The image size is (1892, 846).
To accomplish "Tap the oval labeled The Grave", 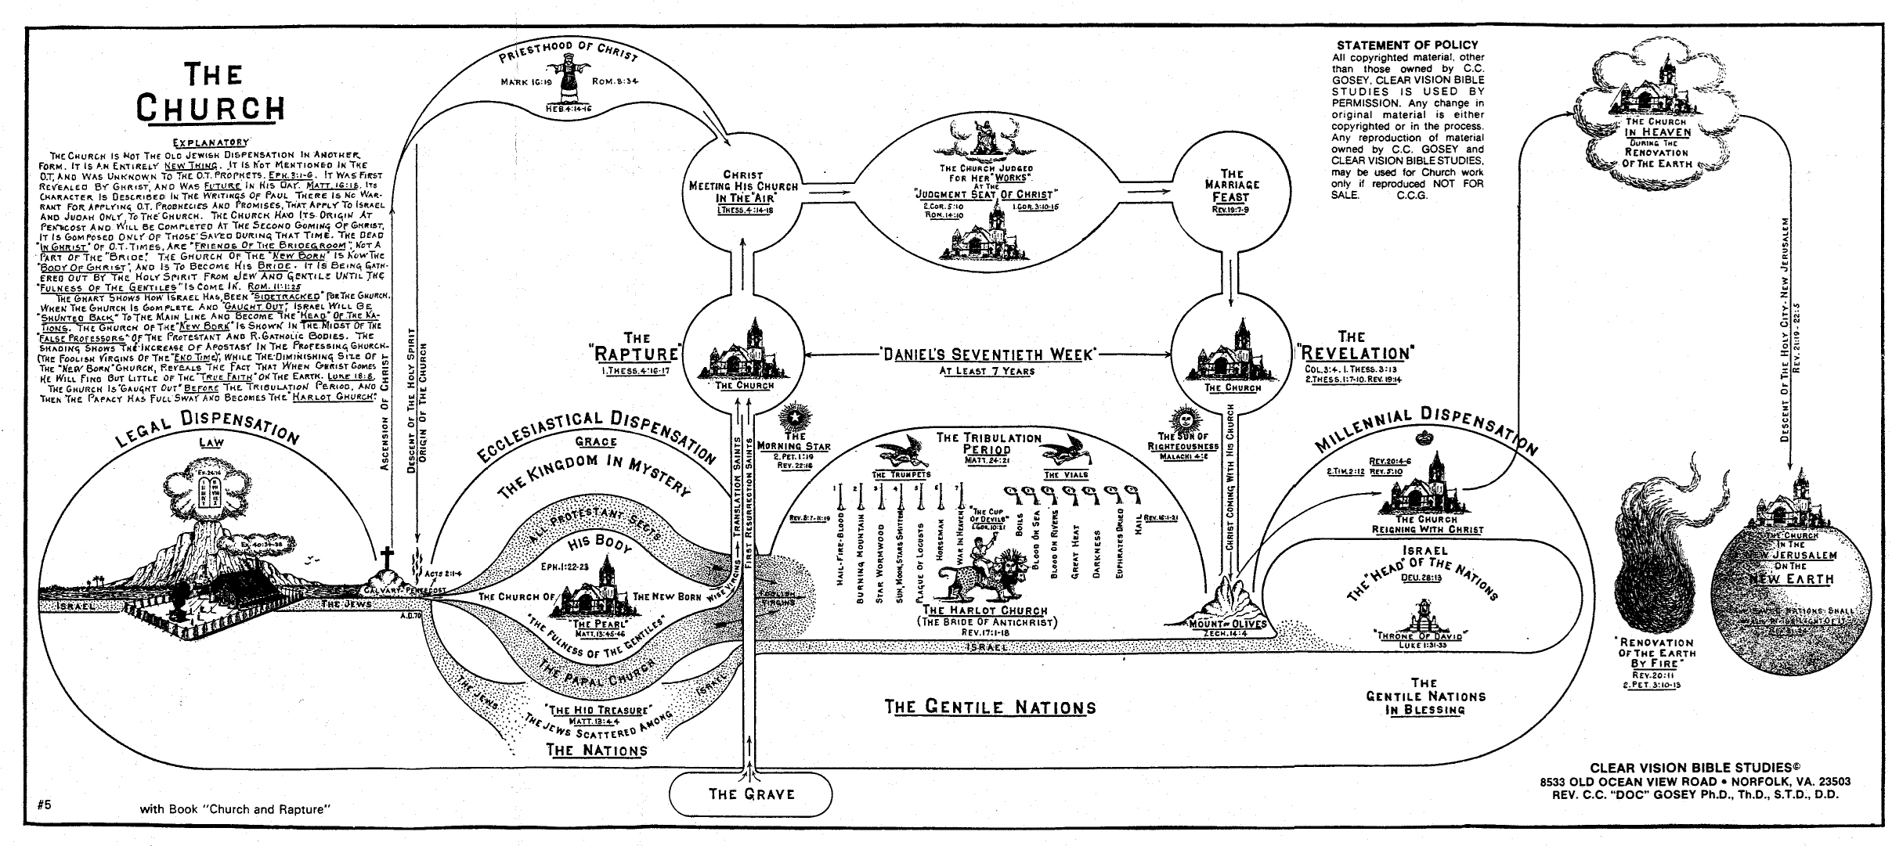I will (751, 794).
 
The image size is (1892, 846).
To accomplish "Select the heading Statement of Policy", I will (1406, 45).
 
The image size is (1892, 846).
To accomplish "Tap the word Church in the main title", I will (211, 107).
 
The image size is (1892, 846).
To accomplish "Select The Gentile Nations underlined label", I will (990, 707).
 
